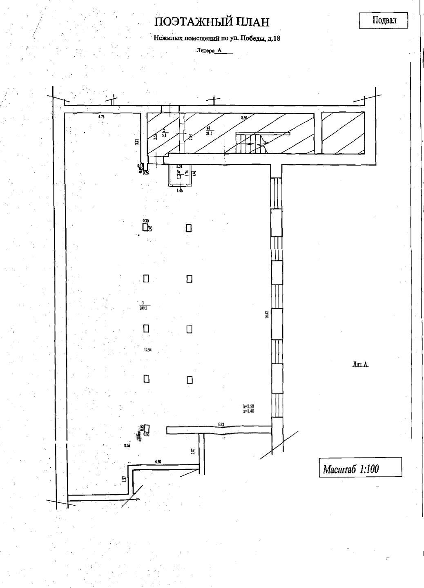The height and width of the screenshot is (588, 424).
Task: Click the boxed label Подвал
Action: pyautogui.click(x=384, y=20)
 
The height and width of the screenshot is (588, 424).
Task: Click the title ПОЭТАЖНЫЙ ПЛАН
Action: pyautogui.click(x=212, y=22)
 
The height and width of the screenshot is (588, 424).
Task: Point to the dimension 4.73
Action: pyautogui.click(x=101, y=117)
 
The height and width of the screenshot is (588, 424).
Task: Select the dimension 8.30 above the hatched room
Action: pyautogui.click(x=244, y=117)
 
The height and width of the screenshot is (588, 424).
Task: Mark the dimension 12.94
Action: pyautogui.click(x=147, y=349)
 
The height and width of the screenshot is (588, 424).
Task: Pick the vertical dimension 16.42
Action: pyautogui.click(x=266, y=315)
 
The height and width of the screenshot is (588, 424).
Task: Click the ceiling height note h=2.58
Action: pyautogui.click(x=249, y=406)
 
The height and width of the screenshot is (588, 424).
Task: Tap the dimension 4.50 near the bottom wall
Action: pyautogui.click(x=158, y=462)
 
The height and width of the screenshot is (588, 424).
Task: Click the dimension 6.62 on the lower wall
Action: pyautogui.click(x=221, y=424)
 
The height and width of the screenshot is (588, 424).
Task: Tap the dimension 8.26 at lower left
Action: pyautogui.click(x=127, y=446)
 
